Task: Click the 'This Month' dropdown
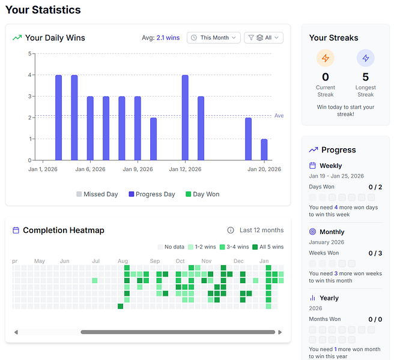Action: click(x=214, y=38)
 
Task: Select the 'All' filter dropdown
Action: click(x=264, y=38)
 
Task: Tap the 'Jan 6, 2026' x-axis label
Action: click(x=90, y=170)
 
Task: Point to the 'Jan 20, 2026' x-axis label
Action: click(x=265, y=170)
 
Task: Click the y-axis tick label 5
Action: click(x=29, y=53)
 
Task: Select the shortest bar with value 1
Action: click(x=264, y=149)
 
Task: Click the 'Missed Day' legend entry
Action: click(x=97, y=194)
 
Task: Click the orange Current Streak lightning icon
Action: click(x=326, y=58)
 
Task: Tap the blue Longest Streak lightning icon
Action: click(x=365, y=58)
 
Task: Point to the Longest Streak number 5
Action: click(x=365, y=77)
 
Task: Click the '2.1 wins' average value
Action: click(x=168, y=38)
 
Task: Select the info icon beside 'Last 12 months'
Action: click(x=231, y=230)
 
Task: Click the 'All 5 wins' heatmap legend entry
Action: click(x=268, y=247)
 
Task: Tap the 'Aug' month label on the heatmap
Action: click(x=123, y=261)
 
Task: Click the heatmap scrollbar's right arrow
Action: click(x=280, y=332)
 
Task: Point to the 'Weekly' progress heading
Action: click(x=331, y=166)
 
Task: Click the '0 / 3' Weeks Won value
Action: click(x=375, y=253)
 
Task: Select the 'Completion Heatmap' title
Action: click(x=64, y=230)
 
